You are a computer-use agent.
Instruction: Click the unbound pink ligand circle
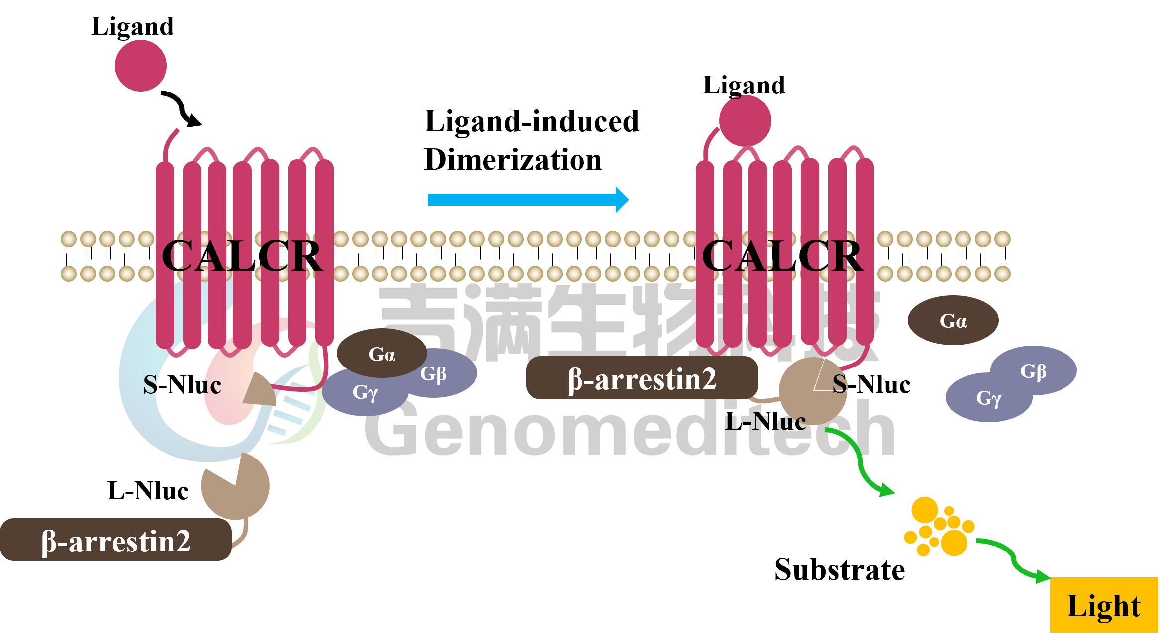141,66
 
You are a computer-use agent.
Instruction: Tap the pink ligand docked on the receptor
745,121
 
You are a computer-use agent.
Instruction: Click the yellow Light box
1103,605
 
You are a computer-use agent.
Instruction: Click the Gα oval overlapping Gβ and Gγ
382,353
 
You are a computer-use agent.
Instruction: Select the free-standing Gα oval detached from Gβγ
953,320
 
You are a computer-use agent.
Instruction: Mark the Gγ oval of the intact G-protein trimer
365,393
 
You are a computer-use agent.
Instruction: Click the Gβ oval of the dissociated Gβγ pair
1034,370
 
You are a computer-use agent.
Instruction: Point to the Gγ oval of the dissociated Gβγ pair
988,398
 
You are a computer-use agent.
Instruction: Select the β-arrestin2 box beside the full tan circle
642,379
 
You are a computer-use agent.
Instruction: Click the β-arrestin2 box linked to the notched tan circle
115,541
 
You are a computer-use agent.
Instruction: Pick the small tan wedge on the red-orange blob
260,390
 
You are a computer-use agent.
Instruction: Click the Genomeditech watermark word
629,430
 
